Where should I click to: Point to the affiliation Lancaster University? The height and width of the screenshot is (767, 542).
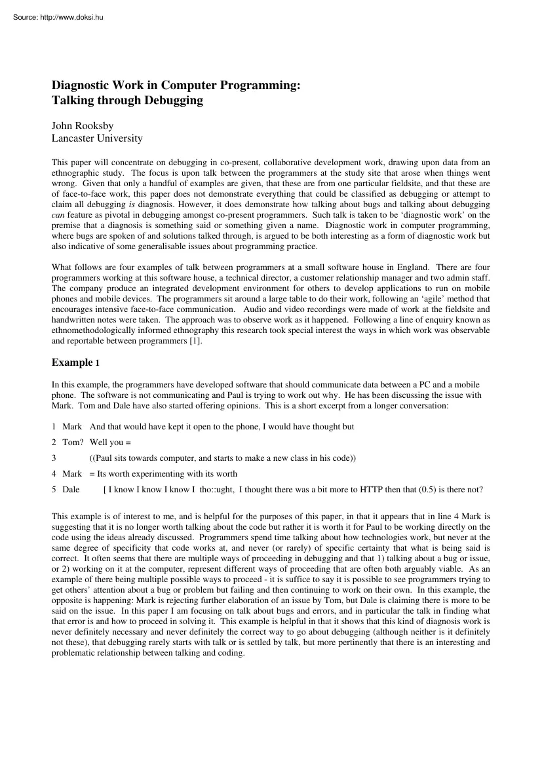(96, 138)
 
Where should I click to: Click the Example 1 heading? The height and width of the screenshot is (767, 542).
(76, 363)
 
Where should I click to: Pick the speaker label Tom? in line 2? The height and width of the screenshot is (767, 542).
(73, 442)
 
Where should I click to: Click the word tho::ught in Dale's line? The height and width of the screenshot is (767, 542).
(217, 489)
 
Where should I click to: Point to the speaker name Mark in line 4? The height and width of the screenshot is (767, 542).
(72, 474)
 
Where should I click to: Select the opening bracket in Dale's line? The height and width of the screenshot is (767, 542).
(106, 489)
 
